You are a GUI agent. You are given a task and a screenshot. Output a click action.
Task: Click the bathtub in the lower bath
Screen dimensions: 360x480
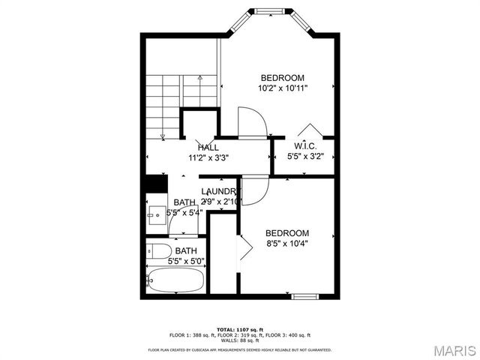(x=175, y=280)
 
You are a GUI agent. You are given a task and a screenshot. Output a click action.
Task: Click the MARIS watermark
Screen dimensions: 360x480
(x=453, y=350)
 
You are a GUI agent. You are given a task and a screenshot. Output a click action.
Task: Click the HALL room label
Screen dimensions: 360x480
(x=208, y=148)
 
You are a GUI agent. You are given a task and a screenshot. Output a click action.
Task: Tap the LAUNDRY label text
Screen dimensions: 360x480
(x=219, y=191)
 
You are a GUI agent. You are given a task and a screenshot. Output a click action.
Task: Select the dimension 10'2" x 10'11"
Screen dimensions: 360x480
(x=282, y=88)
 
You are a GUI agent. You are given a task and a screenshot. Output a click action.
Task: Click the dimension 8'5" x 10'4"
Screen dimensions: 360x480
(x=287, y=243)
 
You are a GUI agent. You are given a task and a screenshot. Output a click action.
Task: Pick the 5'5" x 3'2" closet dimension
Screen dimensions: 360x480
(x=310, y=157)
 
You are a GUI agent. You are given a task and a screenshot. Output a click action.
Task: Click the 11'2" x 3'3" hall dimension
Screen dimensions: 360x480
(x=208, y=158)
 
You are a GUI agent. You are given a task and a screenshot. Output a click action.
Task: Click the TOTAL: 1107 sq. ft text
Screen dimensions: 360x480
(x=240, y=329)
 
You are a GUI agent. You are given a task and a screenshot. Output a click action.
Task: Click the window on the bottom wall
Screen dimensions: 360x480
(x=306, y=297)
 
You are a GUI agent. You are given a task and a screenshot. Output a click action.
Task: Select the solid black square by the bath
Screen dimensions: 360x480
(x=155, y=184)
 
